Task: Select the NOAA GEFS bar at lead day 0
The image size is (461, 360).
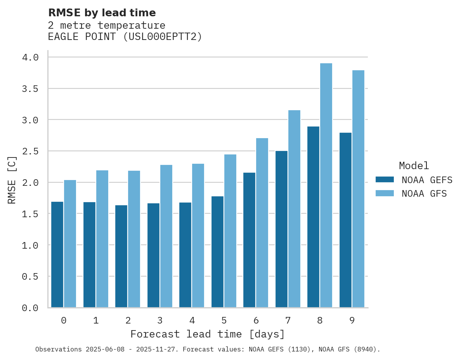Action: point(57,254)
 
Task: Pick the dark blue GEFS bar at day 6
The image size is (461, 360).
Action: point(249,240)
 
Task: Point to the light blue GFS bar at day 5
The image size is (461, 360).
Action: point(230,231)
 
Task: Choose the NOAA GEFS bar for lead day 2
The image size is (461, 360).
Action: point(121,256)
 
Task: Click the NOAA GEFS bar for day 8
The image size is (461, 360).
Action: point(313,217)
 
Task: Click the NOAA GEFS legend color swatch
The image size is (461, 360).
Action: point(385,180)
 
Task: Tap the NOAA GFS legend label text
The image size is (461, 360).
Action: point(424,194)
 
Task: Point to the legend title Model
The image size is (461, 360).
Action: point(414,166)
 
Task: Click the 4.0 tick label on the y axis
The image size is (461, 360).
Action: point(30,57)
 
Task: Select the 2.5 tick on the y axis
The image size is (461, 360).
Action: point(30,151)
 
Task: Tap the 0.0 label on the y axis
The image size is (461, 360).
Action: point(30,308)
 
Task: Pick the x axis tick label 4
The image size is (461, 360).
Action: point(192,320)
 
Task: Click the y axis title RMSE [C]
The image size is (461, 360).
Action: point(12,180)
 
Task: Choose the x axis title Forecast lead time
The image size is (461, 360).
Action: point(208,334)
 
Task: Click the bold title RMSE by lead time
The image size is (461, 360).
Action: point(102,13)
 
